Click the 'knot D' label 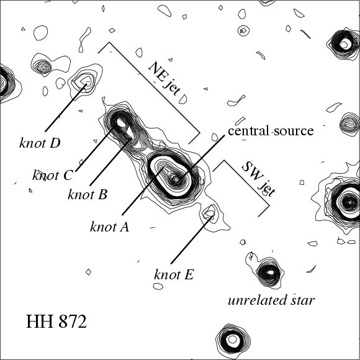40,143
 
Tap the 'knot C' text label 52,176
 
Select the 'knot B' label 88,194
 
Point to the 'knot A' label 109,227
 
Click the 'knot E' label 174,274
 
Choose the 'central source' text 271,130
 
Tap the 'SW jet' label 259,179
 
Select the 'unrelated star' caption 271,300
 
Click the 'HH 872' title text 56,322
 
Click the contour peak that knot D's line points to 86,81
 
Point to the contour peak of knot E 210,213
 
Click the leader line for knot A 143,191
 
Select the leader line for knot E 191,240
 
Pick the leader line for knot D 66,107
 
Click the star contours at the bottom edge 233,340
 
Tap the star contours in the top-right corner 344,43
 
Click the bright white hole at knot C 122,123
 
